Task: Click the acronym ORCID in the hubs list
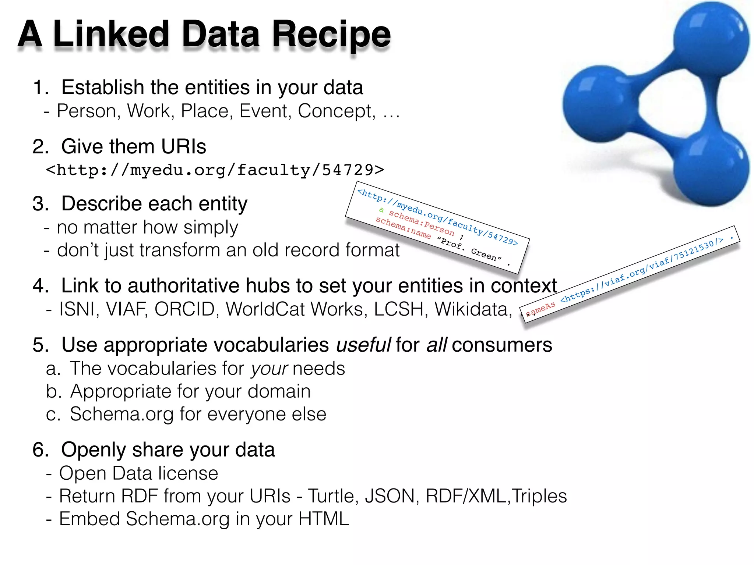click(184, 309)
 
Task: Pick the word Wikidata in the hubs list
click(473, 309)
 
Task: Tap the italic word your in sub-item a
click(269, 369)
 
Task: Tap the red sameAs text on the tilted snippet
click(540, 309)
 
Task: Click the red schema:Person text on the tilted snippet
click(422, 223)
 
